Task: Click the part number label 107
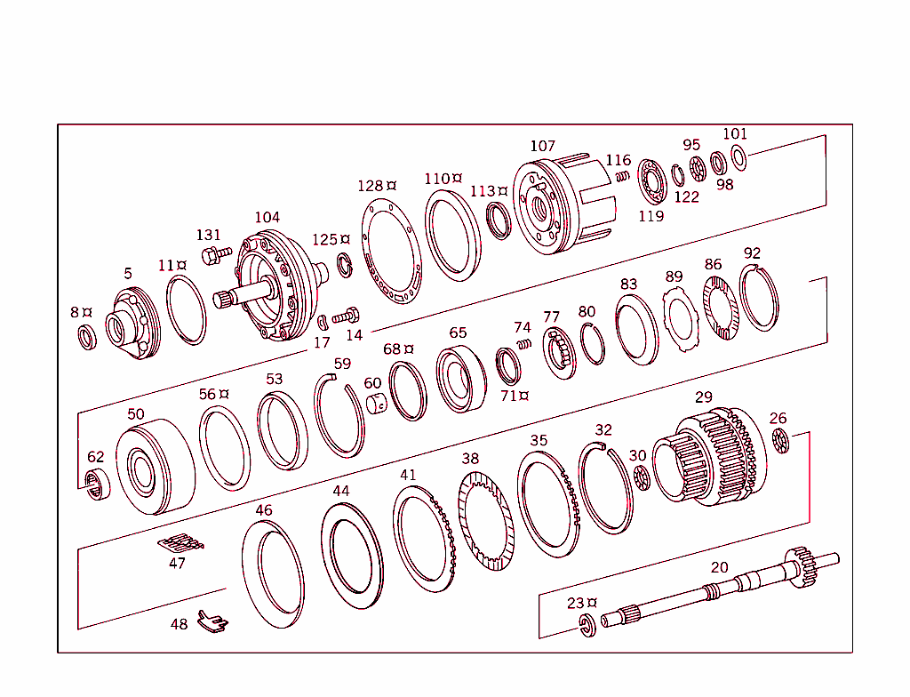(x=542, y=146)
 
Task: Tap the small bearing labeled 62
(x=97, y=485)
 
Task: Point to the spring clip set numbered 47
(x=180, y=542)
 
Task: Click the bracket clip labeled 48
(x=210, y=621)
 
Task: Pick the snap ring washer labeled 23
(x=587, y=623)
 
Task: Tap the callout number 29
(x=704, y=397)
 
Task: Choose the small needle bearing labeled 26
(x=781, y=438)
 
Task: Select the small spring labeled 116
(x=623, y=175)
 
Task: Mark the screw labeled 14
(x=346, y=316)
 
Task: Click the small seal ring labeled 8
(x=87, y=337)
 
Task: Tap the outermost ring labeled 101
(x=738, y=158)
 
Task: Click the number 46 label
(x=264, y=510)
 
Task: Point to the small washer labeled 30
(x=643, y=480)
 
